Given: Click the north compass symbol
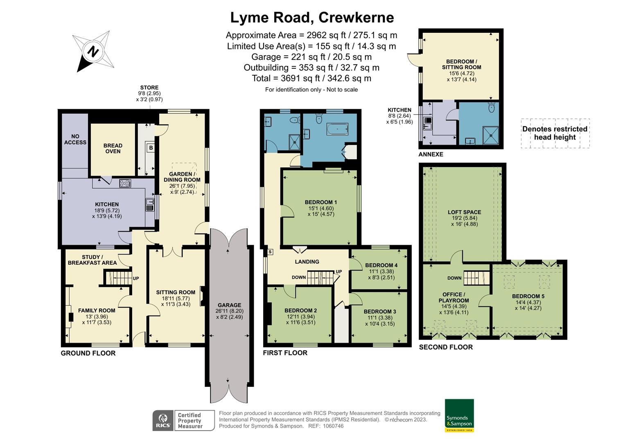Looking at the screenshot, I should coord(94,52).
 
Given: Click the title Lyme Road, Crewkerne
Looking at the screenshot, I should coord(312,18).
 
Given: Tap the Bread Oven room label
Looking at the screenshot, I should coord(113,148).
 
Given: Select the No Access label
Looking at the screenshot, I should coord(75,139).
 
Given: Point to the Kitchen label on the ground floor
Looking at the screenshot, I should coord(107,204).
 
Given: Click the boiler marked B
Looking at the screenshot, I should coord(151,147).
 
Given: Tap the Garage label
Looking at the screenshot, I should coord(229,305).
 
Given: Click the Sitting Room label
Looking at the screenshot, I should coord(176,292).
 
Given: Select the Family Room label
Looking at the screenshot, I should coord(97,311).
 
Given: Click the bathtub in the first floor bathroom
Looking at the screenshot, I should coord(337,130).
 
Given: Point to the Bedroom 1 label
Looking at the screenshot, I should coord(321,202).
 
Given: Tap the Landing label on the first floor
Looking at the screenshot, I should coord(307,262).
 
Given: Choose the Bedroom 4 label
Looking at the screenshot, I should coord(381,265).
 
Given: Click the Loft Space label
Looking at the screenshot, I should coord(464,212).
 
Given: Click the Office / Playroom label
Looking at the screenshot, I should coord(454,297).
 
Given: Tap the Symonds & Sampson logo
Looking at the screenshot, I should coord(459,415).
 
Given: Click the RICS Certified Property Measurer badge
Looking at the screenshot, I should coord(183,420).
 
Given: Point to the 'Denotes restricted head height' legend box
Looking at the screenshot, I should coord(555,133).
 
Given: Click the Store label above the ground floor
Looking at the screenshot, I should coord(149,88).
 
